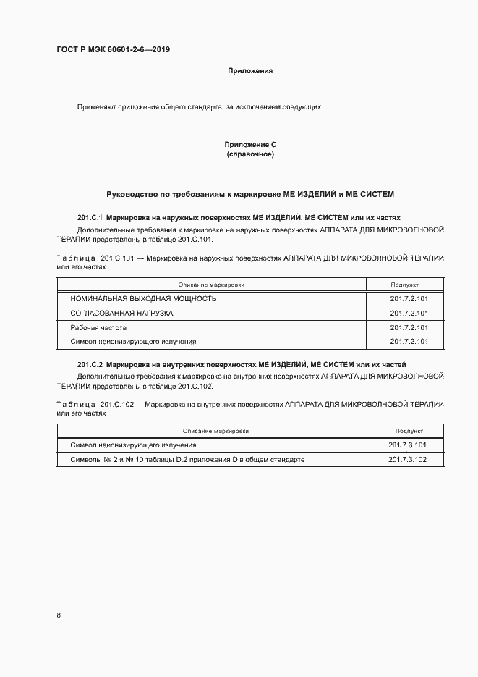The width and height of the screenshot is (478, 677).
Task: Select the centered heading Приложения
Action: [x=249, y=71]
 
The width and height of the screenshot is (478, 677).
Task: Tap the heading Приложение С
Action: [x=250, y=145]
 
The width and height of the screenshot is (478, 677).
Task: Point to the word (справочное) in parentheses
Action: [x=250, y=154]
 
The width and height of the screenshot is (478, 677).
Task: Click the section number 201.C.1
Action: [x=90, y=217]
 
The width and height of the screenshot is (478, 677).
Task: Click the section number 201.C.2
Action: [x=90, y=363]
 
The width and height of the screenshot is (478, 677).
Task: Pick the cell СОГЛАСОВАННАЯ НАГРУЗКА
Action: [x=121, y=313]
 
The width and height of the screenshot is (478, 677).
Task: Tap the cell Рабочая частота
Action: [x=98, y=327]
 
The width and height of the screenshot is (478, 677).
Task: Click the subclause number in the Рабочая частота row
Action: [x=409, y=327]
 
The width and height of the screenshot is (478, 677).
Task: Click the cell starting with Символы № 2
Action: [x=187, y=459]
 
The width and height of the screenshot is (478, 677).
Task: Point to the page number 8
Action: [x=58, y=615]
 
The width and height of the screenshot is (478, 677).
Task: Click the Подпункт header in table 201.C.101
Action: [x=405, y=285]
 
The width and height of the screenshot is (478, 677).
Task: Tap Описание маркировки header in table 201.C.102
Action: [x=215, y=431]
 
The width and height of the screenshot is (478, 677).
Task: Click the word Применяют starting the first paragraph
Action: [x=95, y=107]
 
